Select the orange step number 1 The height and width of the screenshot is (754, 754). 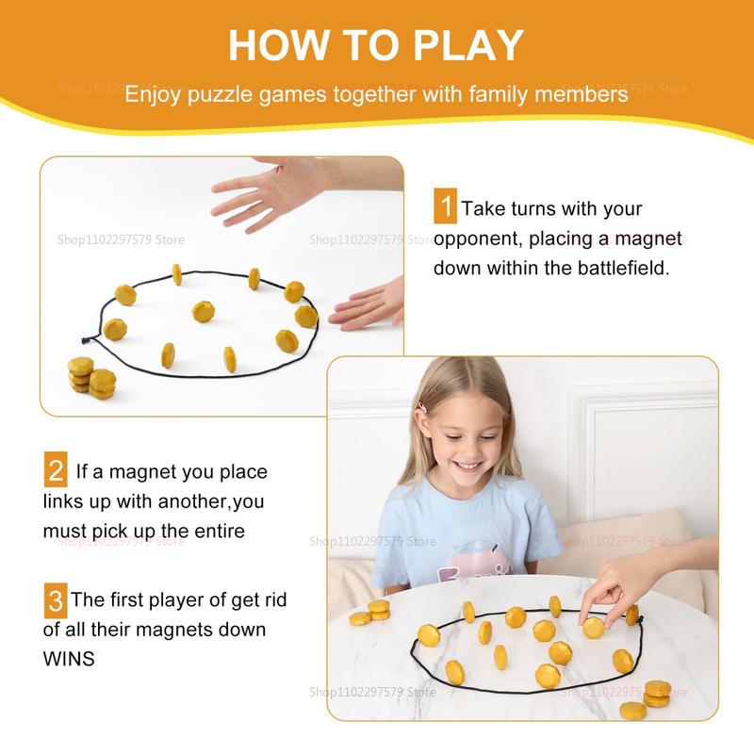click(x=445, y=206)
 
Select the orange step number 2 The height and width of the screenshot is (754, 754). click(x=56, y=469)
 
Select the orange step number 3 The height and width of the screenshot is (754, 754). click(x=56, y=598)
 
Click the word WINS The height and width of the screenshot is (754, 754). click(x=69, y=659)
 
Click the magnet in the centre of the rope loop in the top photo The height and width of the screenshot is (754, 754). click(x=203, y=311)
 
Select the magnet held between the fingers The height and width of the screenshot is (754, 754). click(x=593, y=627)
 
